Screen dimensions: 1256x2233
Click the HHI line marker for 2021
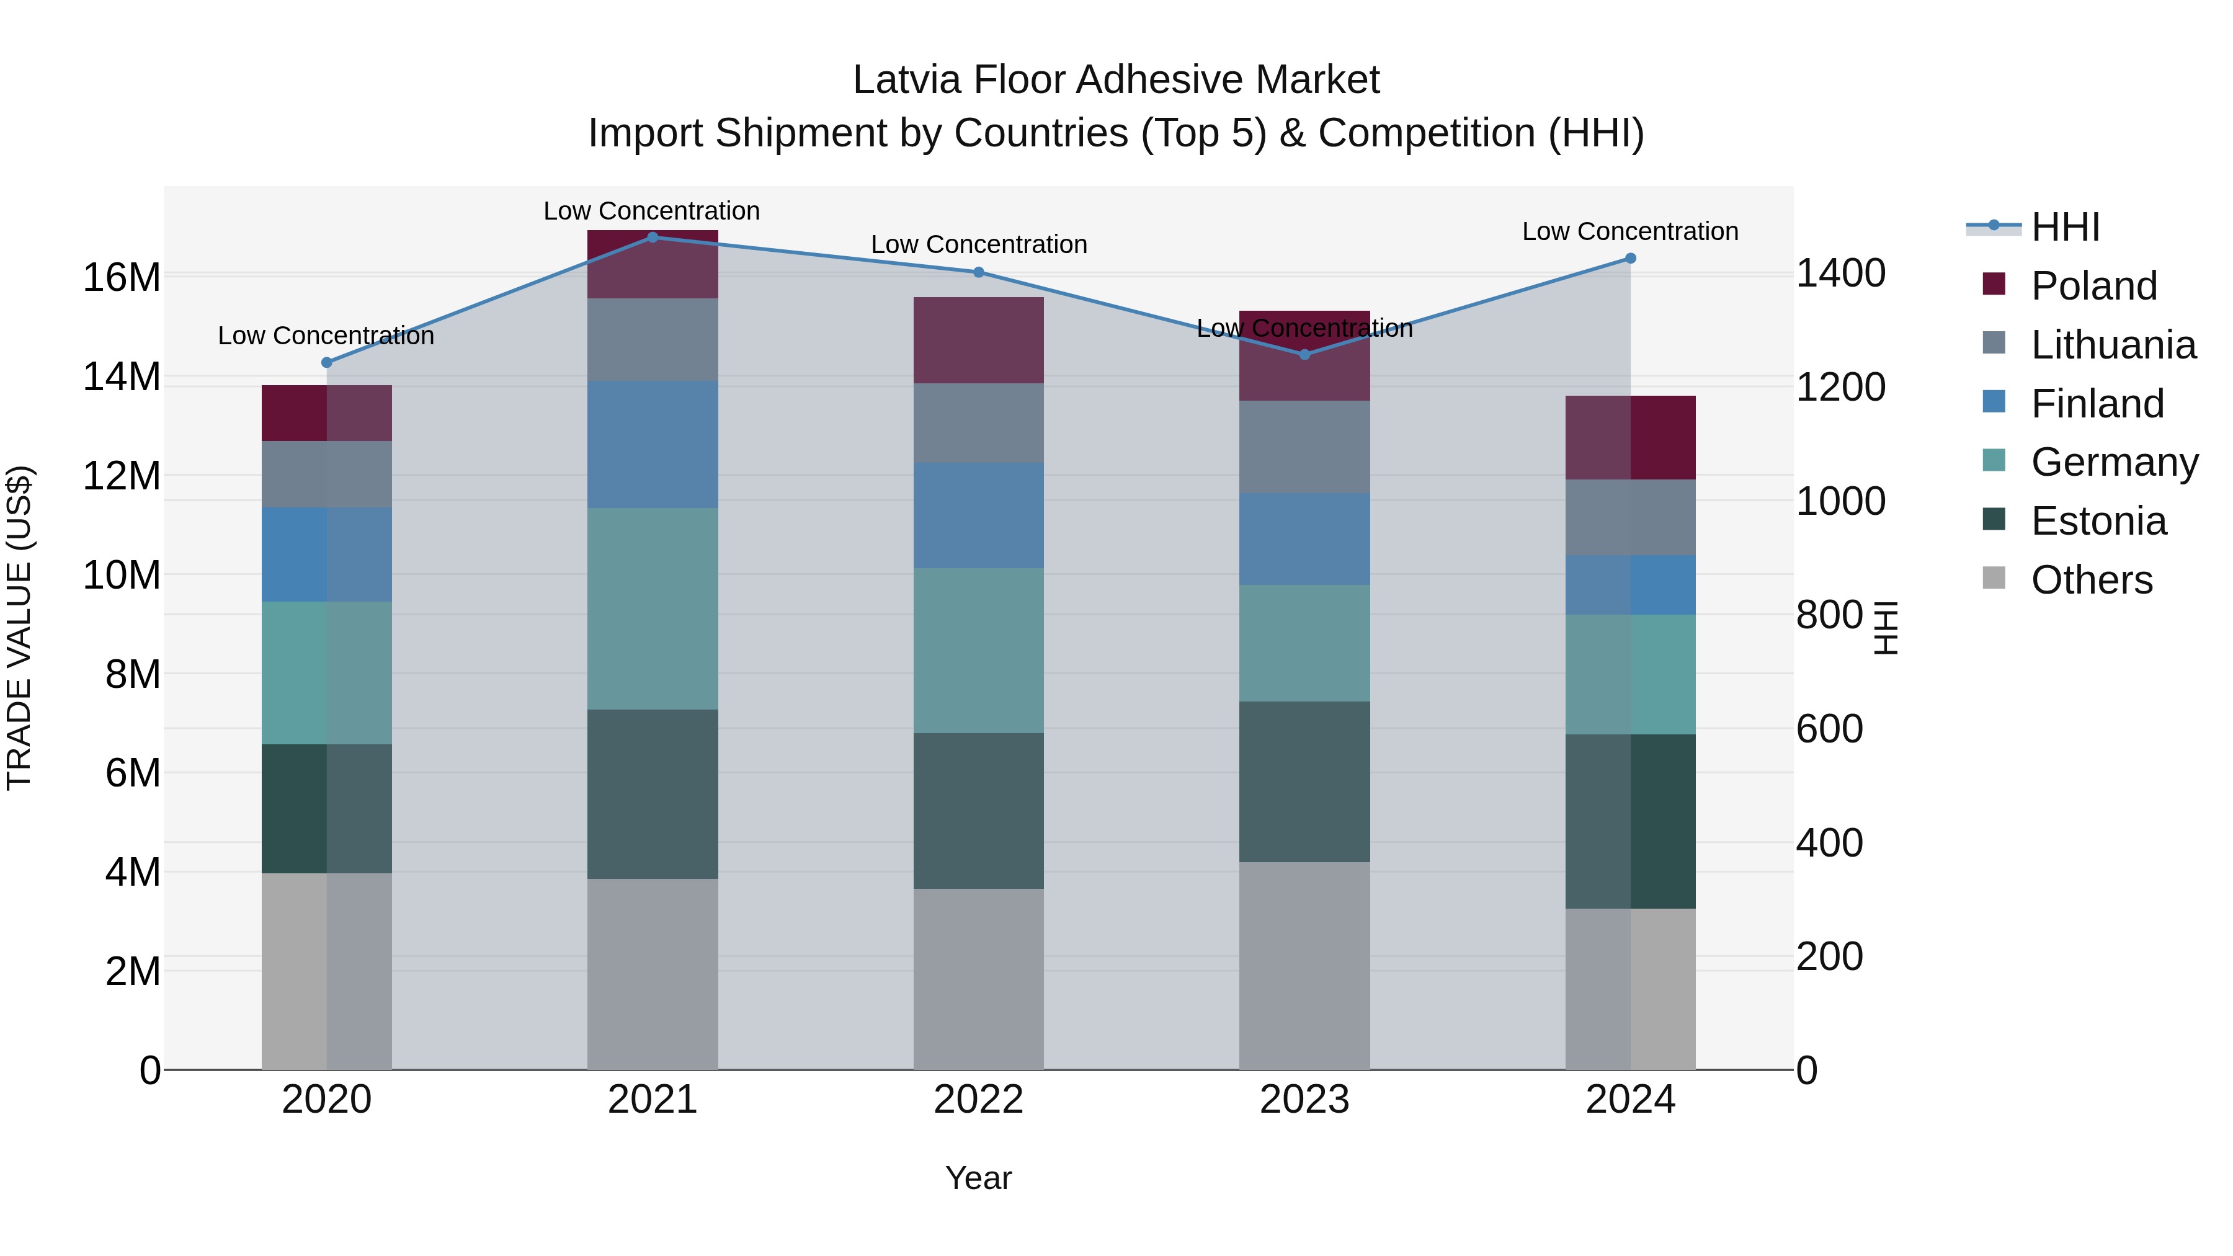653,237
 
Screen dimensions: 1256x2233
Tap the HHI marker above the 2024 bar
1631,258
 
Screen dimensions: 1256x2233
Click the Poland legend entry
2093,286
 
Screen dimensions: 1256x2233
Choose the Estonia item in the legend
2098,521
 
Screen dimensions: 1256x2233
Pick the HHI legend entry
2065,227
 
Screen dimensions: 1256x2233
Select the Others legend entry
2091,580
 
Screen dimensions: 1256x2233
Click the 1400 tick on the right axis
1840,273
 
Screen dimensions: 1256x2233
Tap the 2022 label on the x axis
979,1100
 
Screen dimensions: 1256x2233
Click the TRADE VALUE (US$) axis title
20,628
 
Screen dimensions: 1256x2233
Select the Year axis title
979,1178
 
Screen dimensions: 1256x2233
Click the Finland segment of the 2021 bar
653,444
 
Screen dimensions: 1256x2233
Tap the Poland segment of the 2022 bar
979,340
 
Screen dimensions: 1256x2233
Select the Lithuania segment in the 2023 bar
1304,447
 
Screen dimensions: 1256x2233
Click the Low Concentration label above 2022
979,244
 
